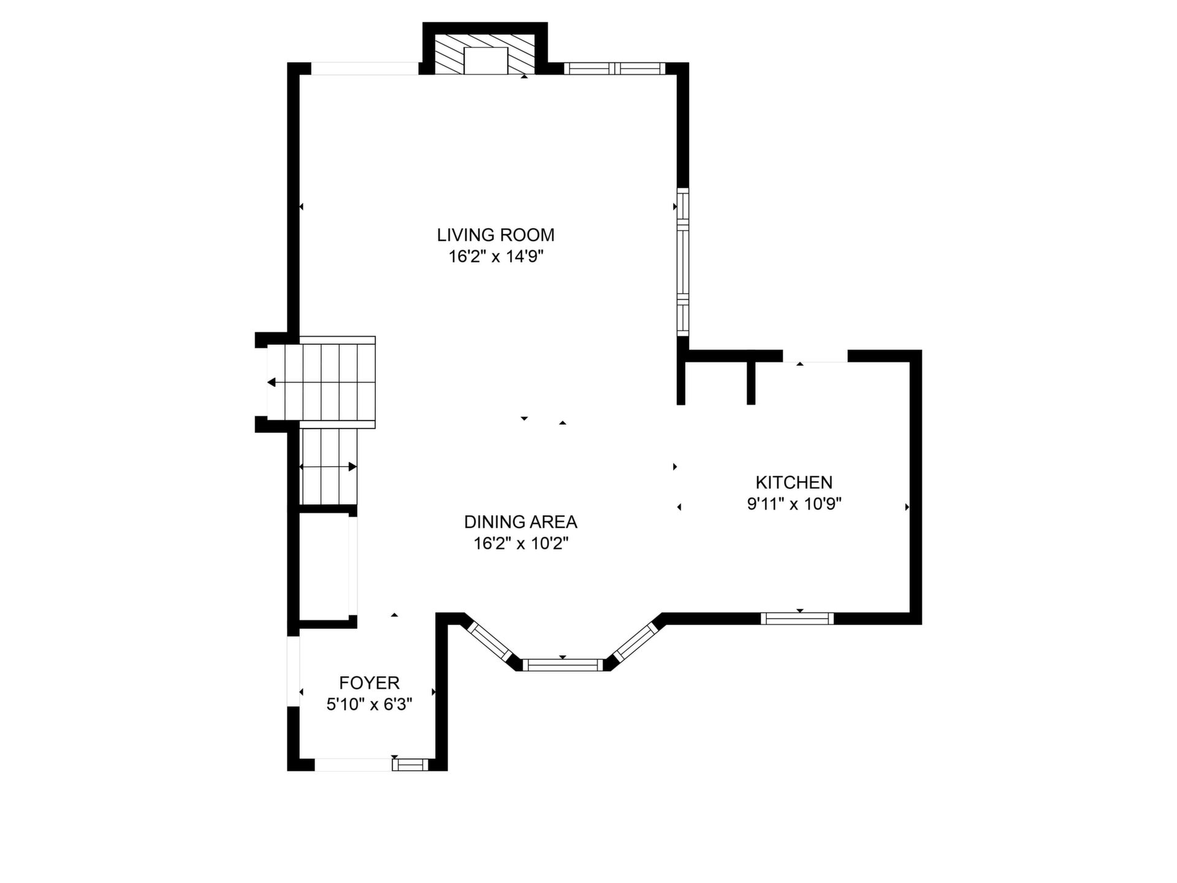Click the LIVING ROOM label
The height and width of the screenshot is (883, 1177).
(495, 235)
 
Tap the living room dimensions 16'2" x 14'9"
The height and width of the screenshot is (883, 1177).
(496, 256)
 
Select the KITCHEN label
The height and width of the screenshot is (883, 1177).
(794, 482)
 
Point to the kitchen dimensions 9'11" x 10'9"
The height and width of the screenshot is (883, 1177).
(794, 504)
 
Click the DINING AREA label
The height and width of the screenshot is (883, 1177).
(520, 522)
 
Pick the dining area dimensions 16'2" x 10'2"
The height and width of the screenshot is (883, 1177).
(521, 543)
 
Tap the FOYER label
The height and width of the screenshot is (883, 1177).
(369, 682)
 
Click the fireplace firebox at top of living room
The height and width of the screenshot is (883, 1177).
(486, 61)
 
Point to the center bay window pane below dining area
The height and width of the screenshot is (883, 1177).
(563, 665)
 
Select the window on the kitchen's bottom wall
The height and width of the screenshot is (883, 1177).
(797, 618)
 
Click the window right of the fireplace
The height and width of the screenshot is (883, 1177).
(614, 68)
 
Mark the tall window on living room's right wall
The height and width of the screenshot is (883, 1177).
(683, 262)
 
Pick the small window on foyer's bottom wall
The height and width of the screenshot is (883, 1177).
(411, 764)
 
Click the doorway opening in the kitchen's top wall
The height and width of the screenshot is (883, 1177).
(815, 356)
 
